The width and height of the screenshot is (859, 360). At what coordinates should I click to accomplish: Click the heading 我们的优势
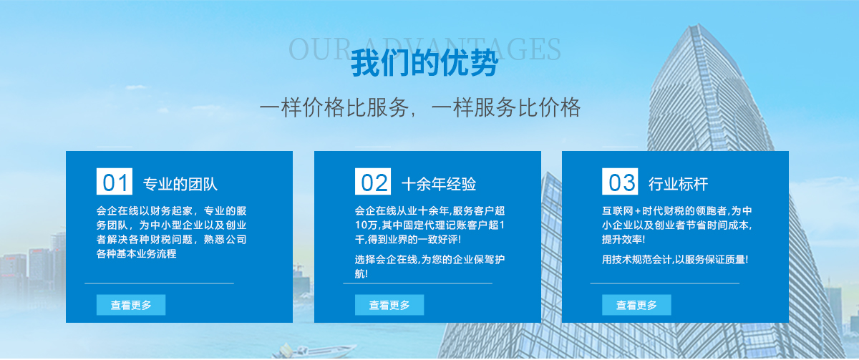point(424,63)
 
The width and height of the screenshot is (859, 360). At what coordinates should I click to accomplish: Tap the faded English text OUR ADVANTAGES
point(424,49)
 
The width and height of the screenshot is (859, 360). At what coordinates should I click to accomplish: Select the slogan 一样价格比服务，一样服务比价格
point(420,107)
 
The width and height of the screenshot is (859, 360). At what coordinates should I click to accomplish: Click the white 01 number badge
point(115,181)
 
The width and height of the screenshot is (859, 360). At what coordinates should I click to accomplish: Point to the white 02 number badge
point(373,181)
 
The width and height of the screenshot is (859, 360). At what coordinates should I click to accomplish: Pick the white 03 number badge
point(620,181)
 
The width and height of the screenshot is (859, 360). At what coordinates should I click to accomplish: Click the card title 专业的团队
point(180,185)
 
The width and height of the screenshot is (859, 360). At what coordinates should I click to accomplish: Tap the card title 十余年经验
point(439,185)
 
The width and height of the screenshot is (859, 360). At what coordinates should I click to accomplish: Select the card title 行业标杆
point(679,185)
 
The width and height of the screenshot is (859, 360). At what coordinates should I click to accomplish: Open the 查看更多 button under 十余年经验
point(389,305)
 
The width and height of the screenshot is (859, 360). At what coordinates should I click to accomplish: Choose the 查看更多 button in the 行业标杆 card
point(636,305)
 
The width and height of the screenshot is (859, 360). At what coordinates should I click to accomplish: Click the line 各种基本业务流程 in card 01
point(136,254)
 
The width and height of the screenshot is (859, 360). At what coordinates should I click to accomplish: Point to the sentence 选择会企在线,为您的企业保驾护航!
point(429,266)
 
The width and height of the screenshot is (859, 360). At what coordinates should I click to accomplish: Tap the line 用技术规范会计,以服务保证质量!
point(675,260)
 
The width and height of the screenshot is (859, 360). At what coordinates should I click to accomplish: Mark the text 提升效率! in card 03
point(623,240)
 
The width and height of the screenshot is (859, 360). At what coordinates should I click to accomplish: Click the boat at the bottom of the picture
point(314,351)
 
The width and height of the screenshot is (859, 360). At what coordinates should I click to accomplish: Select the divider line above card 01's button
point(159,283)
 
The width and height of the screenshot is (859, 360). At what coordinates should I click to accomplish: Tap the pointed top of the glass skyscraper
point(699,24)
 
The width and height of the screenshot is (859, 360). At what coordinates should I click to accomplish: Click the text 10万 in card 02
point(364,225)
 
